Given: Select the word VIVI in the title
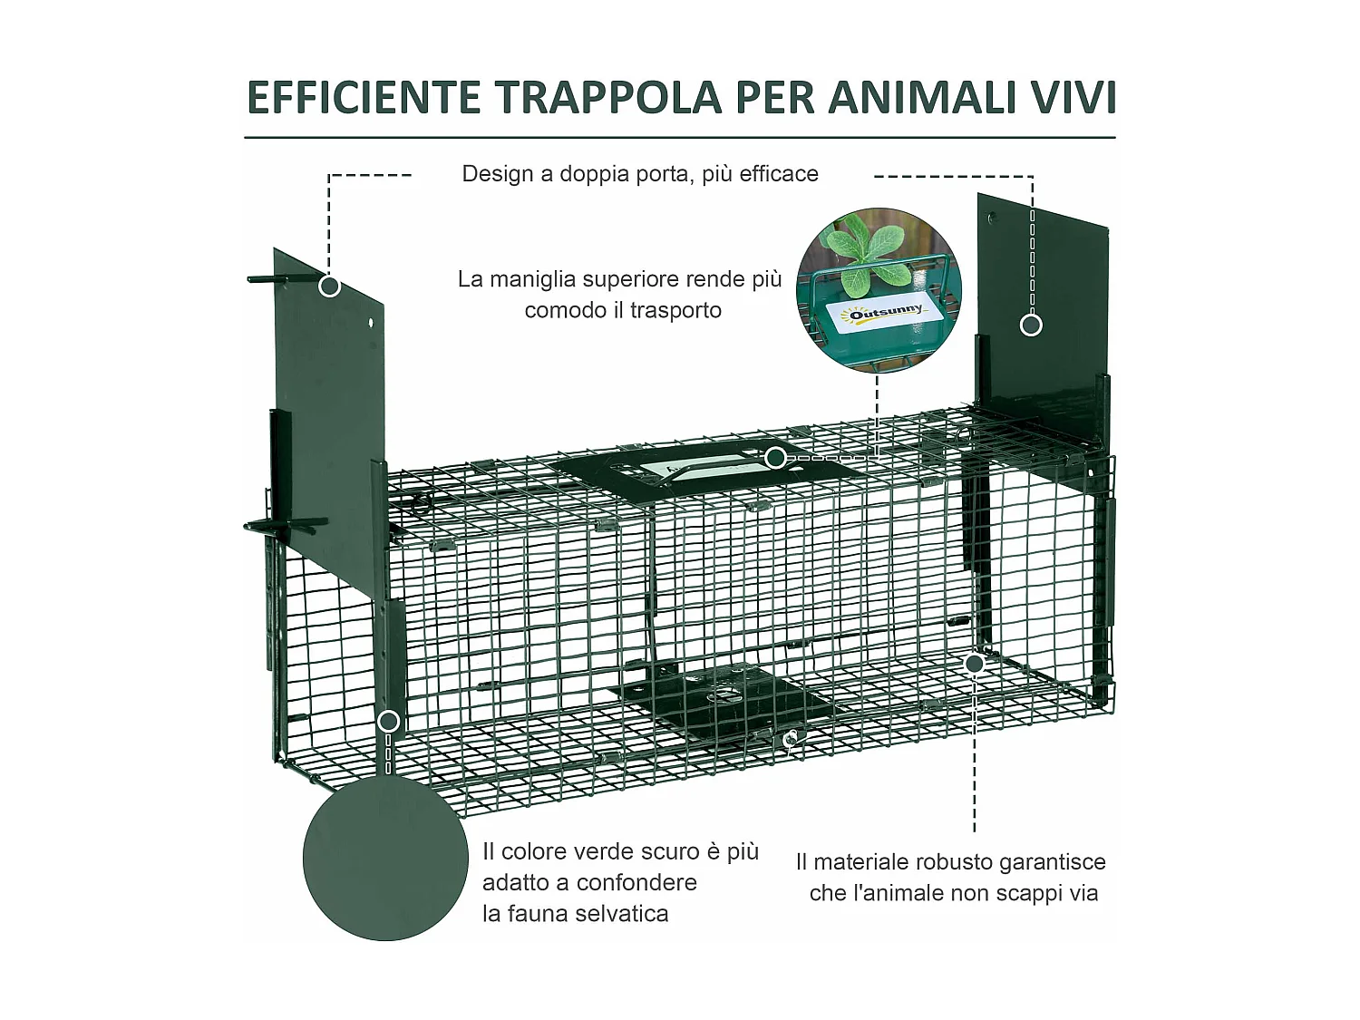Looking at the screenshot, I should click(x=1073, y=98).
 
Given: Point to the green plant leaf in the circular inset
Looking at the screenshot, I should click(x=862, y=249).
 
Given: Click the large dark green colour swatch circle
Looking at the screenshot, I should click(x=385, y=858).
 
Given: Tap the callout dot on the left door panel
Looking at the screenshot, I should click(x=330, y=287).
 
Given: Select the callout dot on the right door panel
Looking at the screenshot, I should click(x=1031, y=325).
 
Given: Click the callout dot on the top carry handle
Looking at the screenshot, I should click(x=775, y=458).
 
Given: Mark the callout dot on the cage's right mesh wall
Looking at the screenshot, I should click(x=975, y=664).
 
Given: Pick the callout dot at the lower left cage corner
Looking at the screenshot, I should click(x=388, y=722).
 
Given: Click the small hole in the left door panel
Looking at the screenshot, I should click(x=370, y=322).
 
